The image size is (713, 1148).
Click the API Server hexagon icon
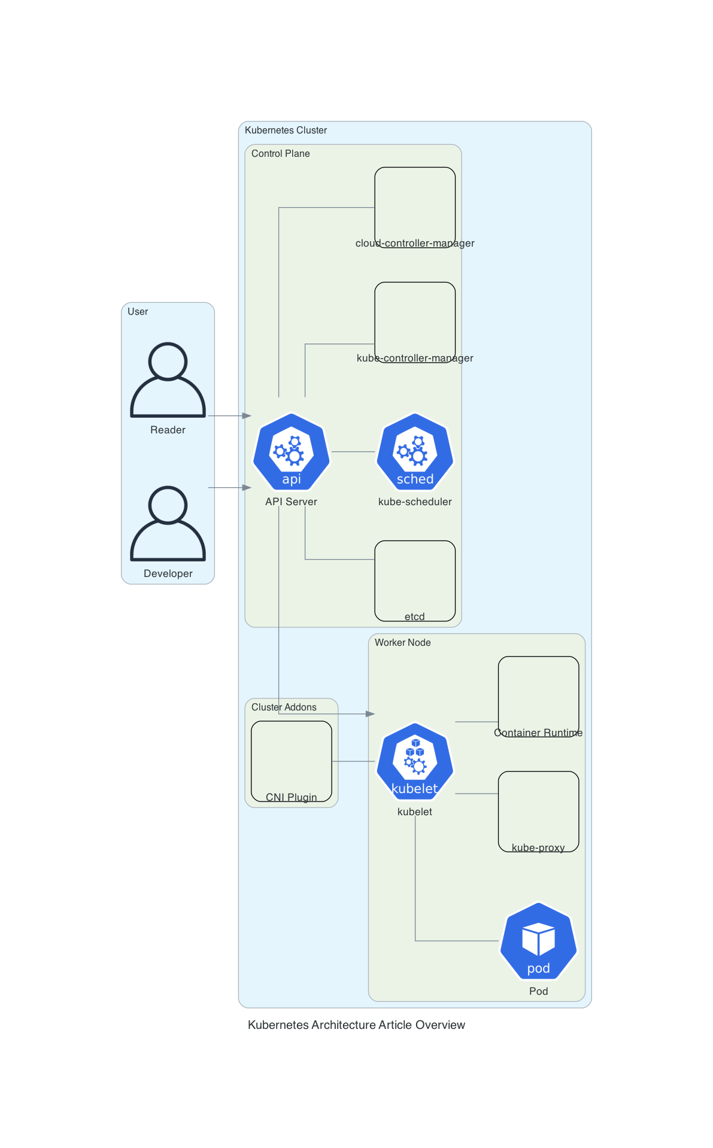292,451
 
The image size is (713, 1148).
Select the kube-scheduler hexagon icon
415,451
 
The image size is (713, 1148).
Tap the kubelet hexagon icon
415,761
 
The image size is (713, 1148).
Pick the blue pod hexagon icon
538,941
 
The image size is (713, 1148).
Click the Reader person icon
168,379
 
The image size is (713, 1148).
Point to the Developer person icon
168,523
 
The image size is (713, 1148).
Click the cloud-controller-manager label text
415,243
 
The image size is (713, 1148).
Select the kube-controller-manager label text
415,358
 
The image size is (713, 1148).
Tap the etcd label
415,616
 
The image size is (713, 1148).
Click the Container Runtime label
538,733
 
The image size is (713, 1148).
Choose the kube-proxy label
538,848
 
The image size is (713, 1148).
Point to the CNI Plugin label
292,797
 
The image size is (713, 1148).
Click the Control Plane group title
281,154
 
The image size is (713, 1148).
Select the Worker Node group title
403,643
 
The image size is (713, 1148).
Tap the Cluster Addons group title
284,707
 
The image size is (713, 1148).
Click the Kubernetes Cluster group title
286,130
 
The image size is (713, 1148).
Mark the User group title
138,312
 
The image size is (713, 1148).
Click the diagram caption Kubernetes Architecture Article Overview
356,1025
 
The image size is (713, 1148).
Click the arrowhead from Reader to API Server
247,415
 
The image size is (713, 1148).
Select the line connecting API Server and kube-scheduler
353,451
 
